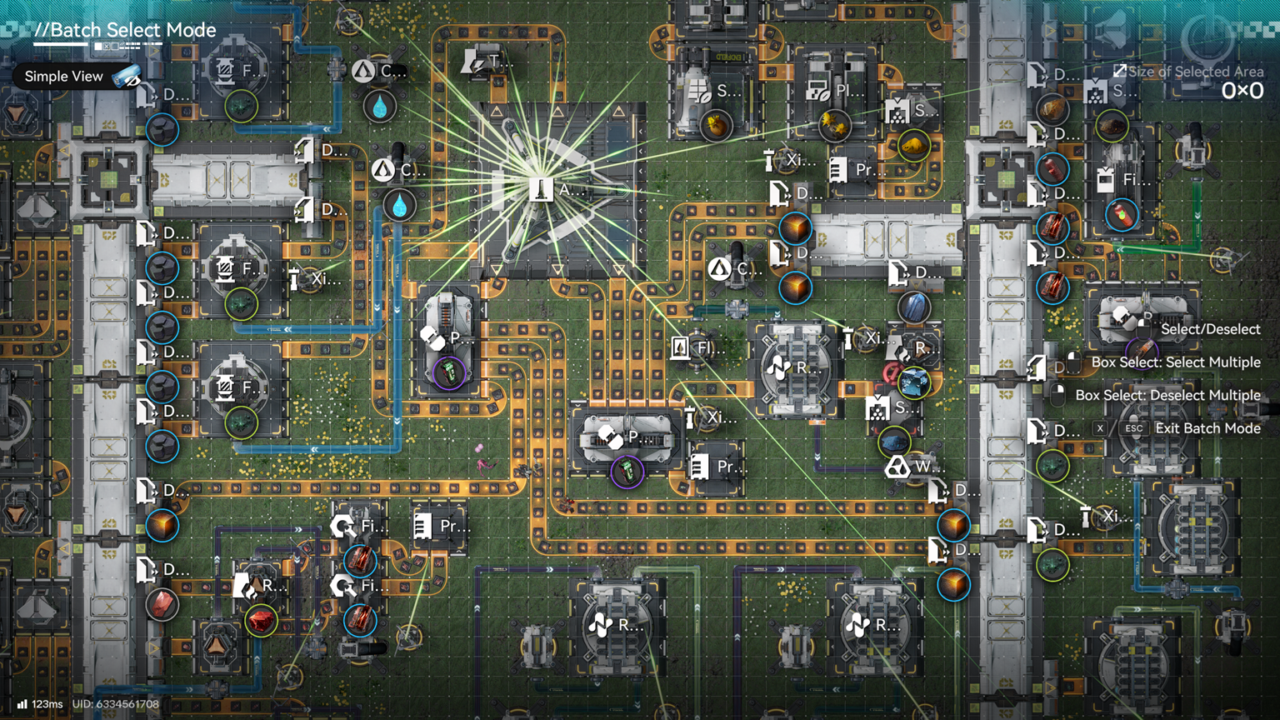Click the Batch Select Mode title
[x=125, y=31]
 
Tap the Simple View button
[x=64, y=77]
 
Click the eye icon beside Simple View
[x=127, y=77]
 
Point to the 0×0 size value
[x=1242, y=91]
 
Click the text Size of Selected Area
[x=1195, y=72]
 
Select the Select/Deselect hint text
[x=1210, y=329]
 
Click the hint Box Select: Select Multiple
[x=1175, y=362]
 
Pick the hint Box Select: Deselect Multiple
[x=1167, y=395]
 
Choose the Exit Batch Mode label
[x=1207, y=428]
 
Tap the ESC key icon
[x=1133, y=428]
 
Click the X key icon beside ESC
[x=1100, y=428]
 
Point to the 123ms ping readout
[x=47, y=704]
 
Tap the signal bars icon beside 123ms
[x=22, y=704]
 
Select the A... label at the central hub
[x=570, y=190]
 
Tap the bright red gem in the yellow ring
[x=261, y=620]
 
